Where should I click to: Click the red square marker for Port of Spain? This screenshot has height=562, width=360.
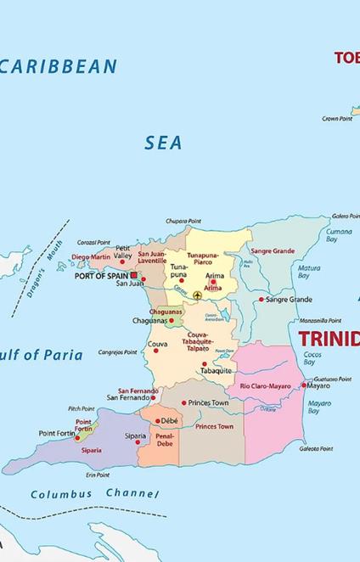(133, 275)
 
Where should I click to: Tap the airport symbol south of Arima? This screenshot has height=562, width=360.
(197, 295)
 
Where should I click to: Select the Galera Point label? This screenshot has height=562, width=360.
(344, 216)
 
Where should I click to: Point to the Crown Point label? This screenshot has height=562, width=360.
(336, 119)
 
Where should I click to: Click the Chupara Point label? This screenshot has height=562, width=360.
(183, 221)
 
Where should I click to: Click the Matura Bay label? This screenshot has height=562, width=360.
(308, 272)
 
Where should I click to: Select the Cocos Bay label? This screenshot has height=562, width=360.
(312, 358)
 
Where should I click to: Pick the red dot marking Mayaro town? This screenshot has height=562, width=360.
(303, 385)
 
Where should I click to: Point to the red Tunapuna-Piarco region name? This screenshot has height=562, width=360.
(203, 258)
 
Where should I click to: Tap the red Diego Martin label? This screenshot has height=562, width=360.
(91, 256)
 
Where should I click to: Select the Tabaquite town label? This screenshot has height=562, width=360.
(216, 371)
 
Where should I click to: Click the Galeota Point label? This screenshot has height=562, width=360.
(316, 448)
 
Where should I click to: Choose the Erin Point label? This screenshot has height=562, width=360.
(97, 475)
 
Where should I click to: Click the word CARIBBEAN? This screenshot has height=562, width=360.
(59, 67)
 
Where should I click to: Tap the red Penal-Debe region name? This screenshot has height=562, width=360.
(164, 439)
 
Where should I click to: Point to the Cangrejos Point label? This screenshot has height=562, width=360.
(117, 351)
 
